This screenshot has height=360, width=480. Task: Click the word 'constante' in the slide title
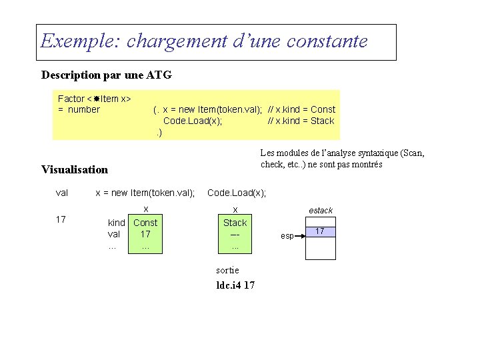pyautogui.click(x=327, y=41)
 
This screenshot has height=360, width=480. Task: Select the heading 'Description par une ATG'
pyautogui.click(x=107, y=75)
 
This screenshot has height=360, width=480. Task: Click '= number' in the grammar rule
pyautogui.click(x=79, y=109)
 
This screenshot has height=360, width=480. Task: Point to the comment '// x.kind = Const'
pyautogui.click(x=301, y=109)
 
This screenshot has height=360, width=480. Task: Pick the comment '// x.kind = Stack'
pyautogui.click(x=301, y=121)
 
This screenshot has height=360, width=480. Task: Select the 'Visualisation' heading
pyautogui.click(x=74, y=169)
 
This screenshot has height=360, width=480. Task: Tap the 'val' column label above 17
pyautogui.click(x=62, y=193)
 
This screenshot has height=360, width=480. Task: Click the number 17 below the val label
pyautogui.click(x=61, y=219)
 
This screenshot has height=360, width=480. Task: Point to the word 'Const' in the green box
pyautogui.click(x=145, y=223)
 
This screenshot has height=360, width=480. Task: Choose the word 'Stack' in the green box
pyautogui.click(x=235, y=223)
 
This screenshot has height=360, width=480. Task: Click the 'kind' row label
pyautogui.click(x=117, y=223)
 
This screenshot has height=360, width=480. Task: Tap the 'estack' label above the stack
pyautogui.click(x=321, y=211)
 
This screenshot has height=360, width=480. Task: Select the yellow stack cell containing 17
pyautogui.click(x=320, y=231)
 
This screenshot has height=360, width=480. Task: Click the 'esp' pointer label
pyautogui.click(x=287, y=236)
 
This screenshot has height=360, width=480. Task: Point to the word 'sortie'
pyautogui.click(x=227, y=270)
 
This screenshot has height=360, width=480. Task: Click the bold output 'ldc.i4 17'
pyautogui.click(x=235, y=285)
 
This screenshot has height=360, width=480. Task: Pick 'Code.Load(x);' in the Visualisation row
pyautogui.click(x=237, y=193)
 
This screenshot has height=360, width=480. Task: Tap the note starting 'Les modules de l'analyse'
pyautogui.click(x=342, y=159)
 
